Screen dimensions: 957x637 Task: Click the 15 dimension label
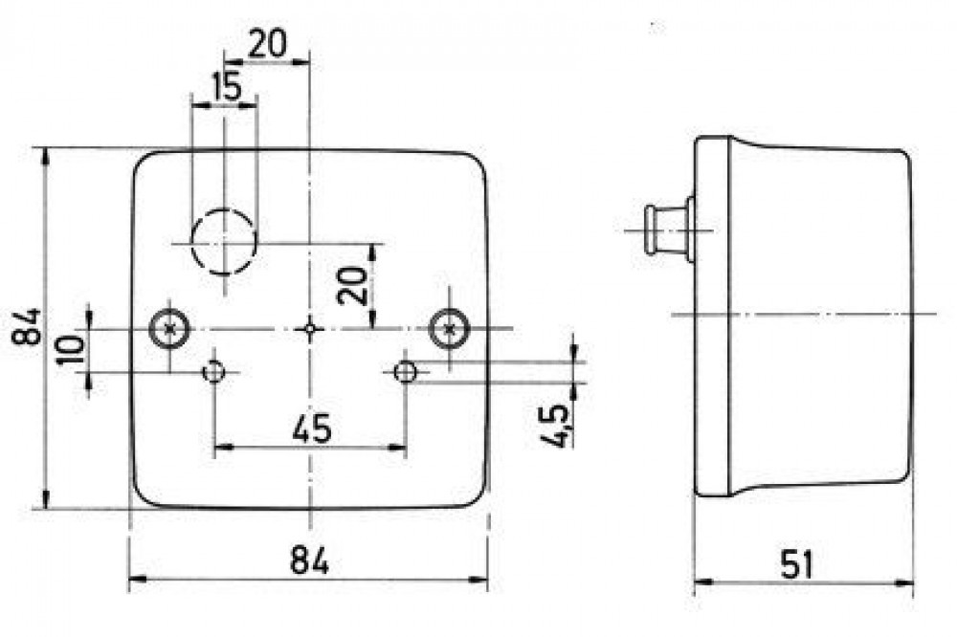pos(227,87)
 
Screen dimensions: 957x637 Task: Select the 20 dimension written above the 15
pos(267,44)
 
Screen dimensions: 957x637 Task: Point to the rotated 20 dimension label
pos(354,286)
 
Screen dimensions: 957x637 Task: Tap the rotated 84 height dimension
pos(27,327)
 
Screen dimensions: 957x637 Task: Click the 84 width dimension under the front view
pos(309,560)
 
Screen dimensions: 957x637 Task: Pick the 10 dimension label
pos(71,348)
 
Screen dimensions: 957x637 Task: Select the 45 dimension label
pos(312,428)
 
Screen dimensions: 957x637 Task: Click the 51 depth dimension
pos(797,564)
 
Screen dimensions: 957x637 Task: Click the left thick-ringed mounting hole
pos(169,329)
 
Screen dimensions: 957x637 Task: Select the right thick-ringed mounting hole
pos(449,329)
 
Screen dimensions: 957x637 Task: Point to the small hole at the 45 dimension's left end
pos(214,371)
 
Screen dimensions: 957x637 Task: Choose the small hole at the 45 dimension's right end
pos(405,371)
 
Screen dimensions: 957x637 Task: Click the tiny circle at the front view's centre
pos(310,329)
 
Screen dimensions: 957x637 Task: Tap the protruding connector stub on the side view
pos(666,230)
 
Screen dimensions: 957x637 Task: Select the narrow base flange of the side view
pos(712,316)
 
